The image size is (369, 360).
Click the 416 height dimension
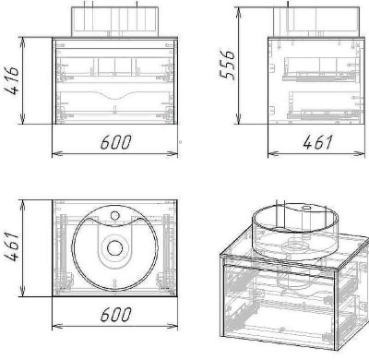(12, 80)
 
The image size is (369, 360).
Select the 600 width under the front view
(115, 142)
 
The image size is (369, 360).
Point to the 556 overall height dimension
(228, 65)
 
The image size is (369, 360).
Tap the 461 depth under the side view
(317, 142)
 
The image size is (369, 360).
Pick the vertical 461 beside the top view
(12, 247)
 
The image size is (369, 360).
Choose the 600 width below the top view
(115, 314)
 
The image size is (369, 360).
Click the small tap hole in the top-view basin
(114, 215)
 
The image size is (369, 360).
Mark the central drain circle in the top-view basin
(114, 248)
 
